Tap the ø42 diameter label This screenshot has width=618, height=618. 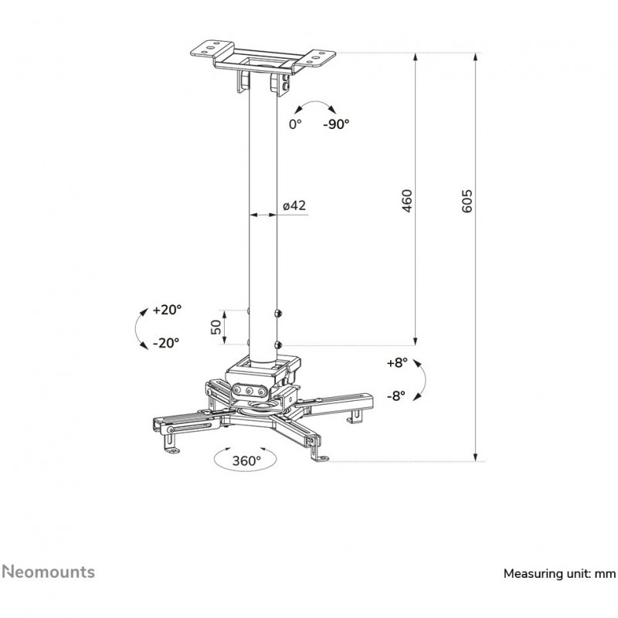(295, 205)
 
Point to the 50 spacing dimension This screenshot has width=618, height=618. (217, 327)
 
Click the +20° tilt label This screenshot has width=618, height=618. (167, 310)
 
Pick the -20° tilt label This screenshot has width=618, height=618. (165, 342)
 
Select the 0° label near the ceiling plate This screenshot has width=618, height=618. (294, 124)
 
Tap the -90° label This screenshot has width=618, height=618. (336, 124)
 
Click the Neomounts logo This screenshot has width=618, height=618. (48, 572)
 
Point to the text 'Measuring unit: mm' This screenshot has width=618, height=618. (559, 573)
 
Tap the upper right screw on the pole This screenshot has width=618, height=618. (278, 314)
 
